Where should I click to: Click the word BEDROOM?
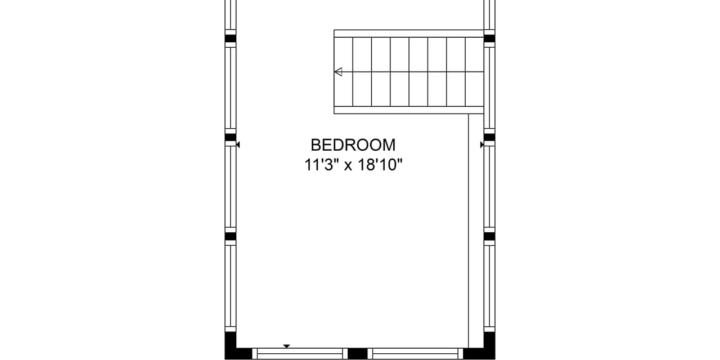[x=353, y=145]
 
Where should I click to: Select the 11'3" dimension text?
[x=322, y=165]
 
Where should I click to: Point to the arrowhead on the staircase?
[x=338, y=71]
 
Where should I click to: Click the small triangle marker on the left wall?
[x=238, y=145]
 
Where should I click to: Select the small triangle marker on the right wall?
[x=482, y=145]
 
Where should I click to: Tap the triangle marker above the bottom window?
[x=286, y=346]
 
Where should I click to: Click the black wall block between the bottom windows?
[x=357, y=354]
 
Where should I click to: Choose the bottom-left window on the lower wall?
[x=300, y=354]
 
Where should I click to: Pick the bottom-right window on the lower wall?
[x=415, y=354]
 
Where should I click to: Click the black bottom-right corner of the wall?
[x=482, y=349]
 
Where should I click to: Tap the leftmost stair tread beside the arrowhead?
[x=343, y=71]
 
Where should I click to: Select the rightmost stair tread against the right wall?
[x=475, y=71]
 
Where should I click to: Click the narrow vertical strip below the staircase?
[x=476, y=231]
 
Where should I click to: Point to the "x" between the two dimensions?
[x=349, y=166]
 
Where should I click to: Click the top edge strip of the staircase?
[x=409, y=33]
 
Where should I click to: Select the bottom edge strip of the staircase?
[x=409, y=110]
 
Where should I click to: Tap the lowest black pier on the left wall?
[x=231, y=236]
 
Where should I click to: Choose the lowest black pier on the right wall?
[x=489, y=236]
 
